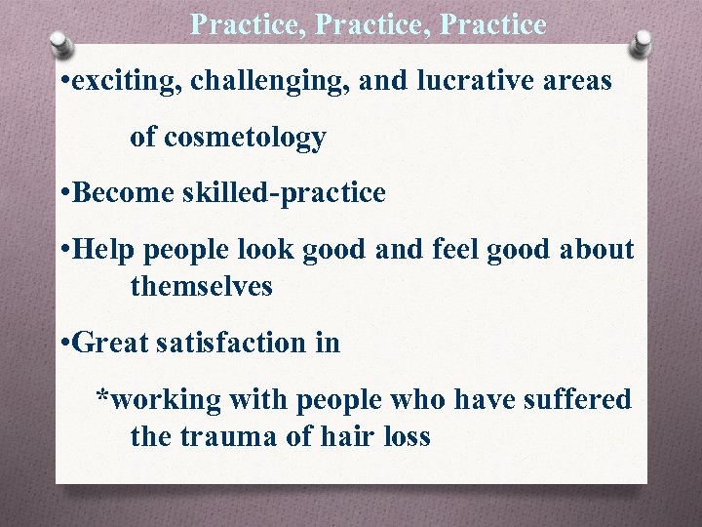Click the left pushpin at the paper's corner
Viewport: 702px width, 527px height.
tap(60, 44)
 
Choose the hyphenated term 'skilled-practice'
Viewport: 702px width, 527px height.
tap(283, 193)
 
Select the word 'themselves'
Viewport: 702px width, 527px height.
tap(201, 287)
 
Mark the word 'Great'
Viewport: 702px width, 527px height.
tap(108, 343)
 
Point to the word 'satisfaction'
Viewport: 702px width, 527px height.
tap(230, 343)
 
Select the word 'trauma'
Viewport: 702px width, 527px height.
tap(229, 436)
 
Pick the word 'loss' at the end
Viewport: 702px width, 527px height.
tap(405, 436)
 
